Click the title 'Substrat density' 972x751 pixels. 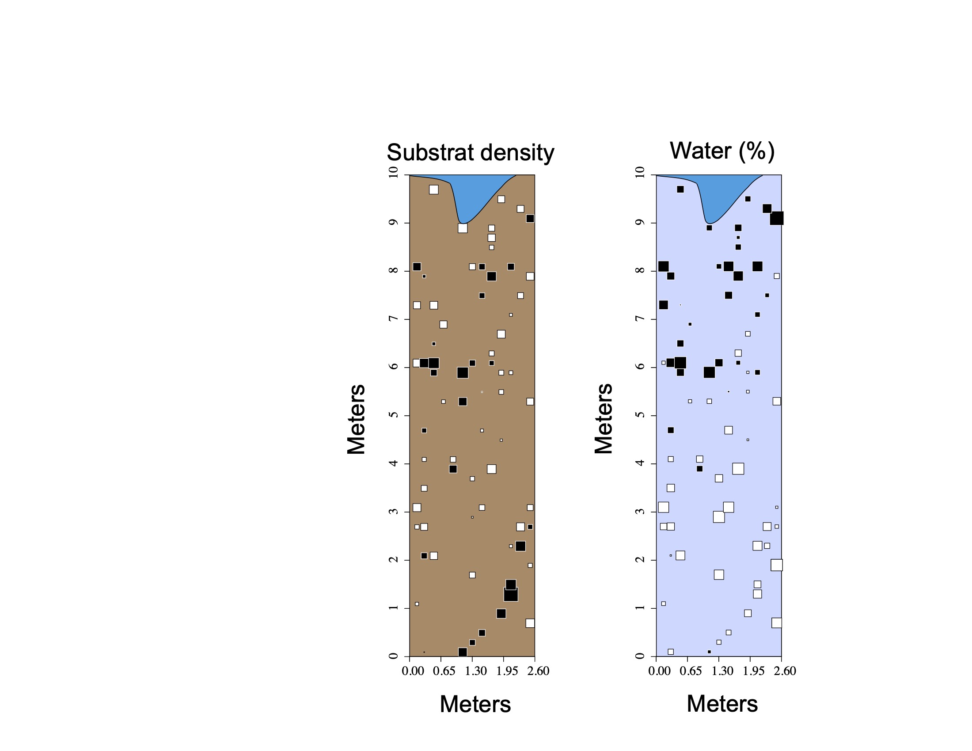pos(471,152)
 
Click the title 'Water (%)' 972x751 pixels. pos(722,151)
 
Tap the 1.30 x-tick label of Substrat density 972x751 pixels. pos(475,671)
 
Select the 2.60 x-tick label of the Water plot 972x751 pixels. pos(785,671)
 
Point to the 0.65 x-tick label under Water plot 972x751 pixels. pos(690,671)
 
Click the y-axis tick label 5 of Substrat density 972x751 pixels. pos(393,415)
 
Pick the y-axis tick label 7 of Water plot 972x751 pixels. pos(640,319)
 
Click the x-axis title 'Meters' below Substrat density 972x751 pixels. pos(475,704)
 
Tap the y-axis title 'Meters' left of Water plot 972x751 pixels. pos(604,418)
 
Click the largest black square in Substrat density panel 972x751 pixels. pos(510,594)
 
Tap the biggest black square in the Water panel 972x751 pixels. pos(777,218)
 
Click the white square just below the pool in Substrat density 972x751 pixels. pos(463,228)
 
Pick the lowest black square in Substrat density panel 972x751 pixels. pos(463,652)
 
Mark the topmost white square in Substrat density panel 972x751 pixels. pos(433,190)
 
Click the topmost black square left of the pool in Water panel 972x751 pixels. pos(680,190)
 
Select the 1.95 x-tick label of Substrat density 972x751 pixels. pos(507,671)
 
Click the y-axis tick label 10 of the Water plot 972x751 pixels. pos(640,172)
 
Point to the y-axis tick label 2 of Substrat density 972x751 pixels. pos(393,560)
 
